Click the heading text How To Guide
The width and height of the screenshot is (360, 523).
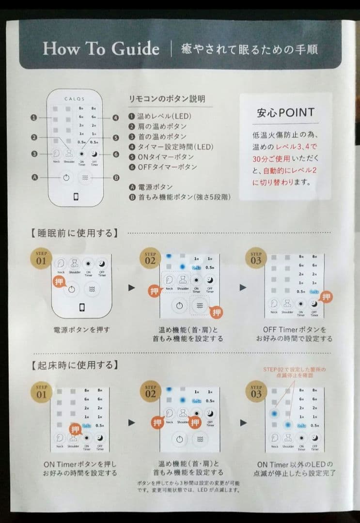click(101, 49)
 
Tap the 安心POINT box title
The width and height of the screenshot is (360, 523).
click(285, 113)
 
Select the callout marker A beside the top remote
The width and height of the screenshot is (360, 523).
click(34, 177)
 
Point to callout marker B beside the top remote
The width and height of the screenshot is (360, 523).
click(116, 177)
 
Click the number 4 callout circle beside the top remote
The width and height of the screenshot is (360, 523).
click(115, 118)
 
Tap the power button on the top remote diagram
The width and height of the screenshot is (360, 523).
click(66, 177)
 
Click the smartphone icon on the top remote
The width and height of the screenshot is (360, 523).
click(76, 197)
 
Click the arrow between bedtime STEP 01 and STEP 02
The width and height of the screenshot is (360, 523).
click(131, 288)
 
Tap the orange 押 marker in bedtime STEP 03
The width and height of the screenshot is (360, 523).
click(327, 297)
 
